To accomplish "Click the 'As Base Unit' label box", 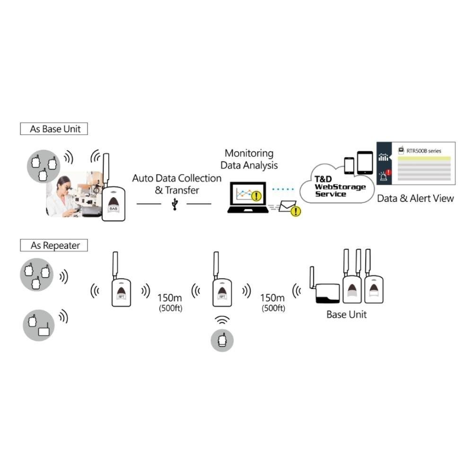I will pyautogui.click(x=54, y=129).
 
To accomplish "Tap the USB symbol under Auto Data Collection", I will pyautogui.click(x=175, y=204).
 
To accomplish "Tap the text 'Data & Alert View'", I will pyautogui.click(x=415, y=198).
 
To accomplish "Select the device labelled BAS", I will pyautogui.click(x=114, y=203).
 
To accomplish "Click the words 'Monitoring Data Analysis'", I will pyautogui.click(x=249, y=159).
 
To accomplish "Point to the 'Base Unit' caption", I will pyautogui.click(x=346, y=315).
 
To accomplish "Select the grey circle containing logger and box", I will pyautogui.click(x=39, y=325).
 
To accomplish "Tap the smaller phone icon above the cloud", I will pyautogui.click(x=349, y=166).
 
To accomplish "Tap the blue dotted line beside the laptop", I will pyautogui.click(x=283, y=189).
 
